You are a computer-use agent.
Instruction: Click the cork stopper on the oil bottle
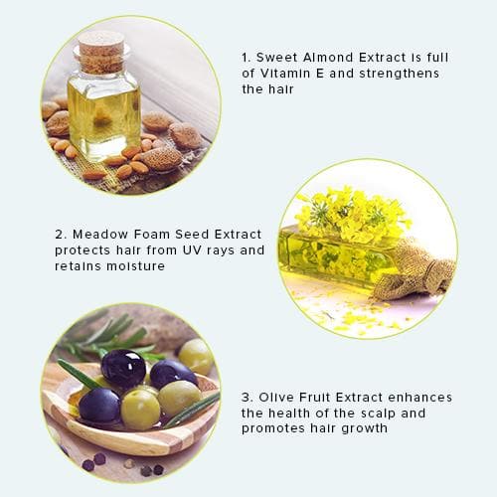[102, 53]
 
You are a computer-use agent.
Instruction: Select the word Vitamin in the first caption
[285, 74]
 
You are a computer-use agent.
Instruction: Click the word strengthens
[400, 75]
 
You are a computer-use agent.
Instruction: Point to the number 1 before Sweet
[246, 58]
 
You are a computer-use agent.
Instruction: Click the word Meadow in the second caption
[100, 235]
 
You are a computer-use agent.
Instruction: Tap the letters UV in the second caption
[192, 250]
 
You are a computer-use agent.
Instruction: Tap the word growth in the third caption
[365, 429]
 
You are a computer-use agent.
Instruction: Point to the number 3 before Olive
[247, 398]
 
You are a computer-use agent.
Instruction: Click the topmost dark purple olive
[123, 369]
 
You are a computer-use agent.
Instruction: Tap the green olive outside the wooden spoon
[196, 356]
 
